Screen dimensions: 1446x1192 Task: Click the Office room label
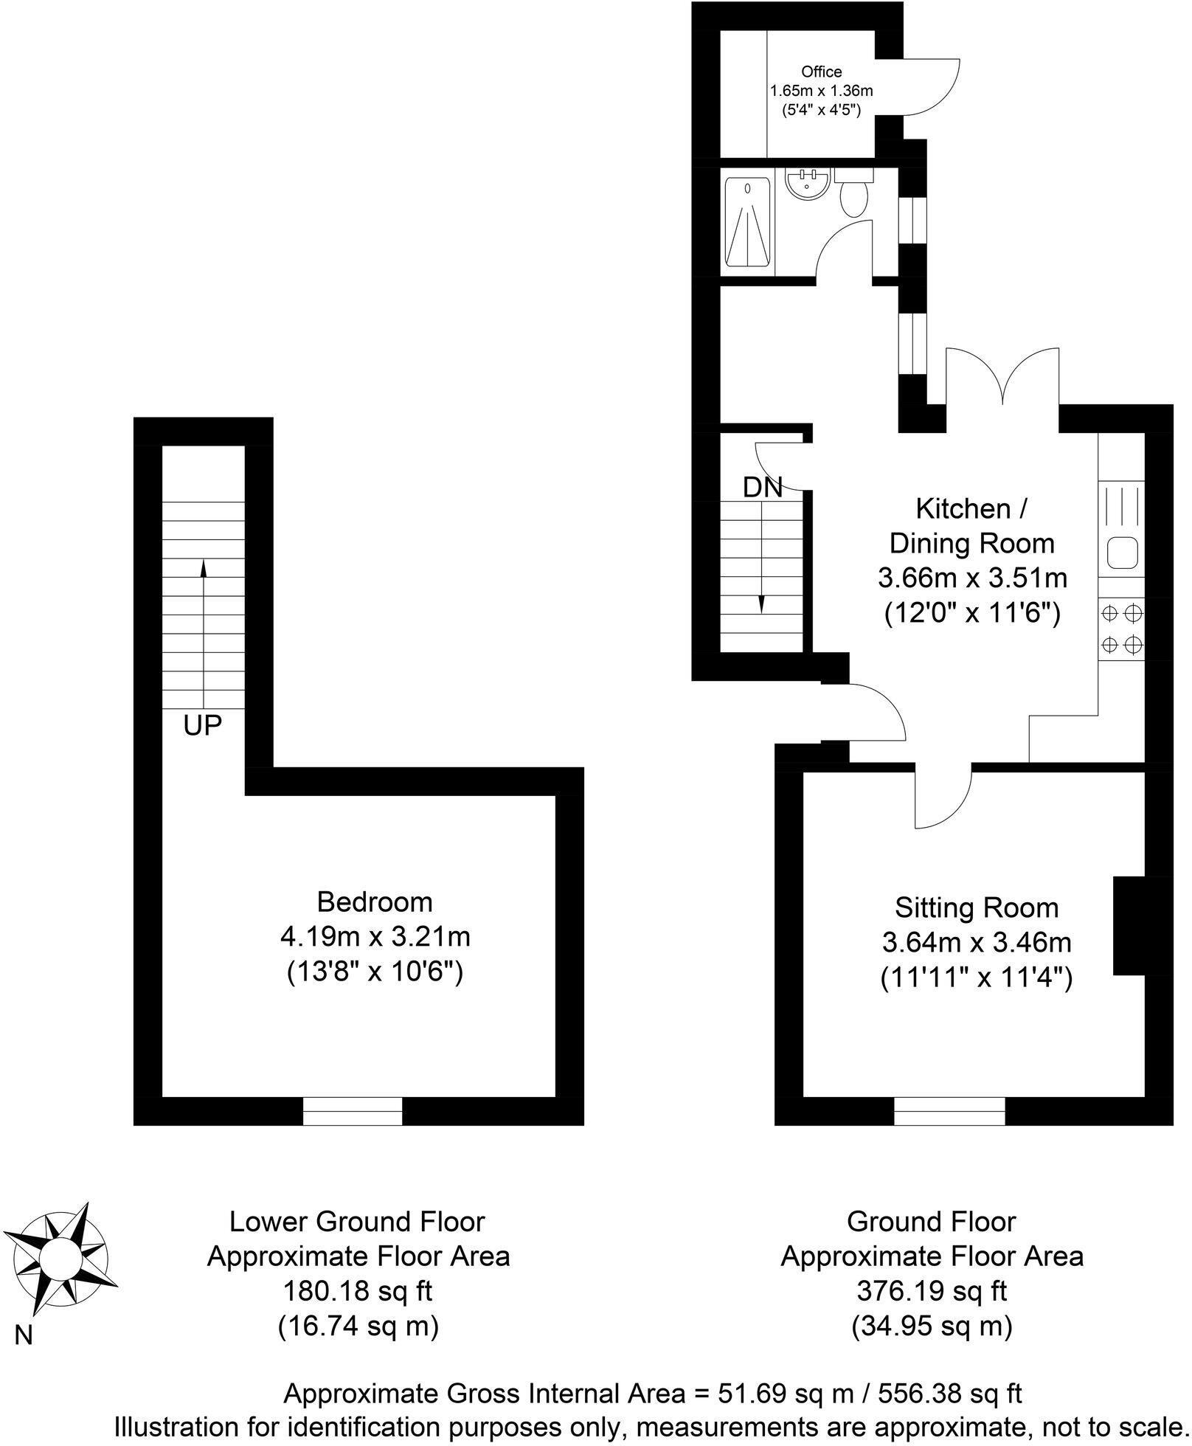[x=821, y=72]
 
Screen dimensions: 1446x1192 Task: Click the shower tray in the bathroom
[x=747, y=222]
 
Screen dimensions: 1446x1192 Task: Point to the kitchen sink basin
[x=1121, y=552]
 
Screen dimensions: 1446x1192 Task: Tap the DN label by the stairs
[x=762, y=488]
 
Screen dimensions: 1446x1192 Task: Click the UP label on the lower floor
[x=203, y=726]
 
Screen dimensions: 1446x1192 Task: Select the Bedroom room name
[x=375, y=902]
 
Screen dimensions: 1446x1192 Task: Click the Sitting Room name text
[x=976, y=907]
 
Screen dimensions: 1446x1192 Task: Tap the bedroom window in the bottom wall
[x=353, y=1110]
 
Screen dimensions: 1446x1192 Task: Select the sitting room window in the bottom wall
[x=949, y=1110]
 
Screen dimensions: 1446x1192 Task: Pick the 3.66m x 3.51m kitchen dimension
[x=972, y=578]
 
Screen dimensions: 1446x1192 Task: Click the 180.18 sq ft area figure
[x=358, y=1291]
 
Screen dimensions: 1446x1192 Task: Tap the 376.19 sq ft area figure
[x=932, y=1291]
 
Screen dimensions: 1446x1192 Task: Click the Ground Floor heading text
[x=931, y=1222]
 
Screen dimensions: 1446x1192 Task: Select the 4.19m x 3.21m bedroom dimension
[x=375, y=937]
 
